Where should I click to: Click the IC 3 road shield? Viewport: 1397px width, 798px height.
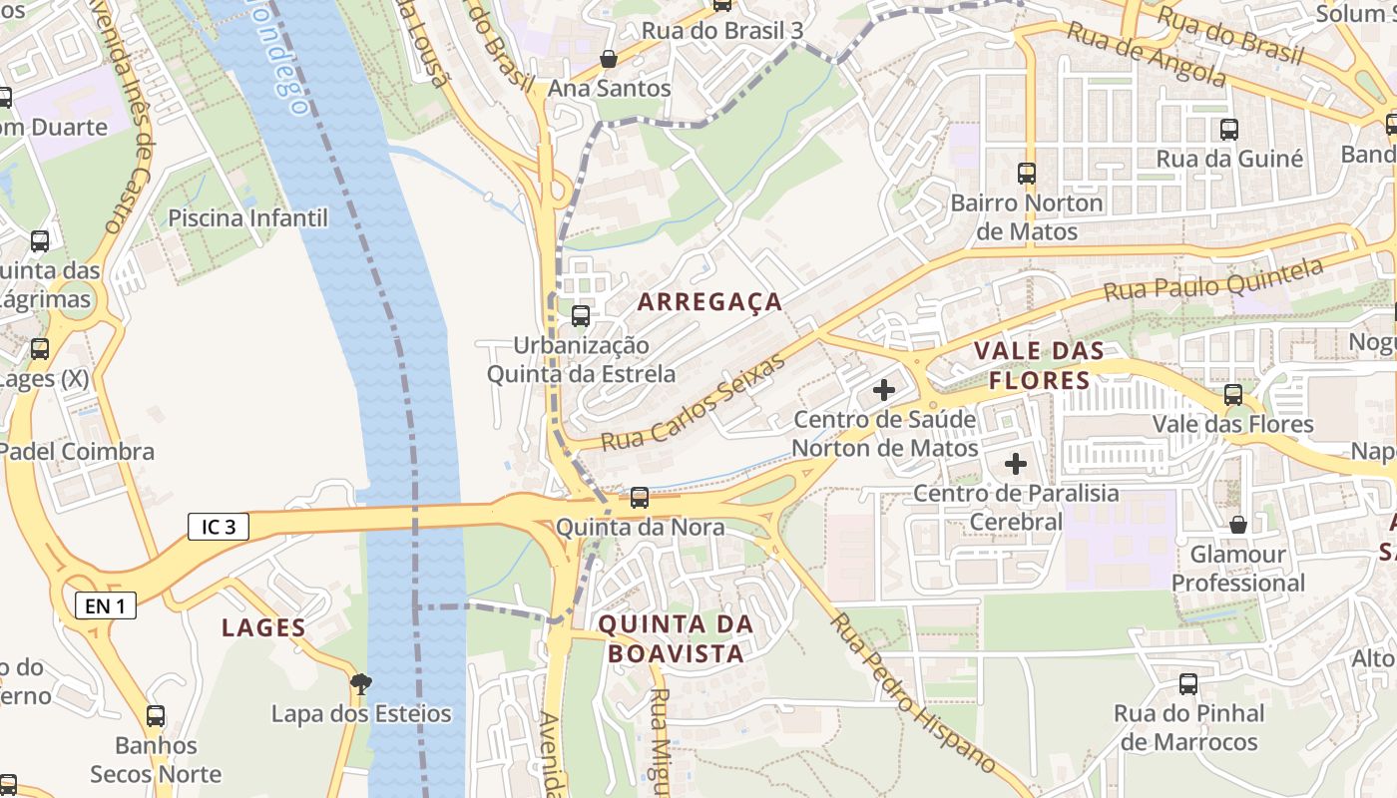pyautogui.click(x=218, y=527)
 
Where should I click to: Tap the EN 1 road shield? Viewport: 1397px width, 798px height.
pyautogui.click(x=105, y=604)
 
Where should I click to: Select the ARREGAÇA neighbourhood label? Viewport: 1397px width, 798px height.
pyautogui.click(x=709, y=301)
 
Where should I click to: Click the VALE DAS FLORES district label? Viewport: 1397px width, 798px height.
pyautogui.click(x=1039, y=365)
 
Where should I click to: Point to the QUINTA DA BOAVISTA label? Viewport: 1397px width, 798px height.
pyautogui.click(x=676, y=638)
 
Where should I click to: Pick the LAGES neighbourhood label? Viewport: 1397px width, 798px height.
pyautogui.click(x=263, y=627)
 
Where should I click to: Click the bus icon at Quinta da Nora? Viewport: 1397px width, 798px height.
pyautogui.click(x=640, y=497)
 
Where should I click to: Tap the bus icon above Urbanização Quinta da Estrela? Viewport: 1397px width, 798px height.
pyautogui.click(x=580, y=316)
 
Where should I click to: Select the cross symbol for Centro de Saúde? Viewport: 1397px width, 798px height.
pyautogui.click(x=883, y=390)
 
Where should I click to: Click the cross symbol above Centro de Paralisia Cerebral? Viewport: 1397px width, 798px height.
pyautogui.click(x=1016, y=464)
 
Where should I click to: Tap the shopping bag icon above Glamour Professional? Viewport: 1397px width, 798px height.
pyautogui.click(x=1238, y=525)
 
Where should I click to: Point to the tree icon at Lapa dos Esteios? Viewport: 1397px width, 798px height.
pyautogui.click(x=361, y=684)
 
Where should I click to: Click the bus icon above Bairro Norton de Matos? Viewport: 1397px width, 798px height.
pyautogui.click(x=1026, y=174)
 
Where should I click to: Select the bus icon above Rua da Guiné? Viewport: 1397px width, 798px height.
pyautogui.click(x=1229, y=130)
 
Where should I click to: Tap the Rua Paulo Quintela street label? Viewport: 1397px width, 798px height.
pyautogui.click(x=1213, y=280)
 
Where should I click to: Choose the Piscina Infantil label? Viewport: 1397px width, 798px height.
pyautogui.click(x=247, y=217)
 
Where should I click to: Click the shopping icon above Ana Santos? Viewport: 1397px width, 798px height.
pyautogui.click(x=609, y=59)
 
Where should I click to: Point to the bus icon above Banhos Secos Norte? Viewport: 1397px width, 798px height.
pyautogui.click(x=156, y=716)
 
